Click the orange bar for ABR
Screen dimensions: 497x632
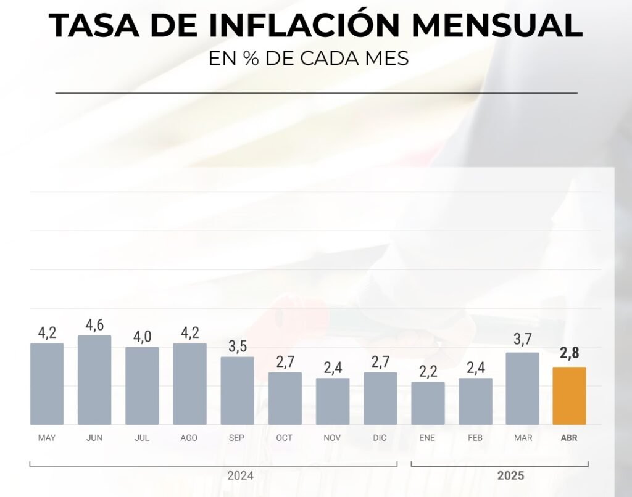(x=569, y=396)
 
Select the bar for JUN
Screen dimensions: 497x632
(x=94, y=380)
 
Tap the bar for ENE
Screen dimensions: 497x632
(x=428, y=403)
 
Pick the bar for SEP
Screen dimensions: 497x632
(x=237, y=390)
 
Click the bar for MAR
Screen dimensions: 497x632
(x=522, y=388)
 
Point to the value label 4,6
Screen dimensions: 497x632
(x=94, y=326)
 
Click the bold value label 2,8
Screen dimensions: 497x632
(x=569, y=354)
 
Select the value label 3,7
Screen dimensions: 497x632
(x=522, y=339)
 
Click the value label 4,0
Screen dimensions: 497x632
(x=142, y=337)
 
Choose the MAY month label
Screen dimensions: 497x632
(x=46, y=438)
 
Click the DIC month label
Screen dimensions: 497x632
(x=380, y=438)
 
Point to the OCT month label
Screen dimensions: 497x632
(x=285, y=438)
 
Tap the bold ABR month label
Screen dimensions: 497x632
(x=569, y=438)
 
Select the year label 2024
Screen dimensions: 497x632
(x=240, y=476)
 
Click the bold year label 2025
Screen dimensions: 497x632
(x=510, y=476)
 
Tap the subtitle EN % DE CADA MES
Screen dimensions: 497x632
(x=309, y=59)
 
